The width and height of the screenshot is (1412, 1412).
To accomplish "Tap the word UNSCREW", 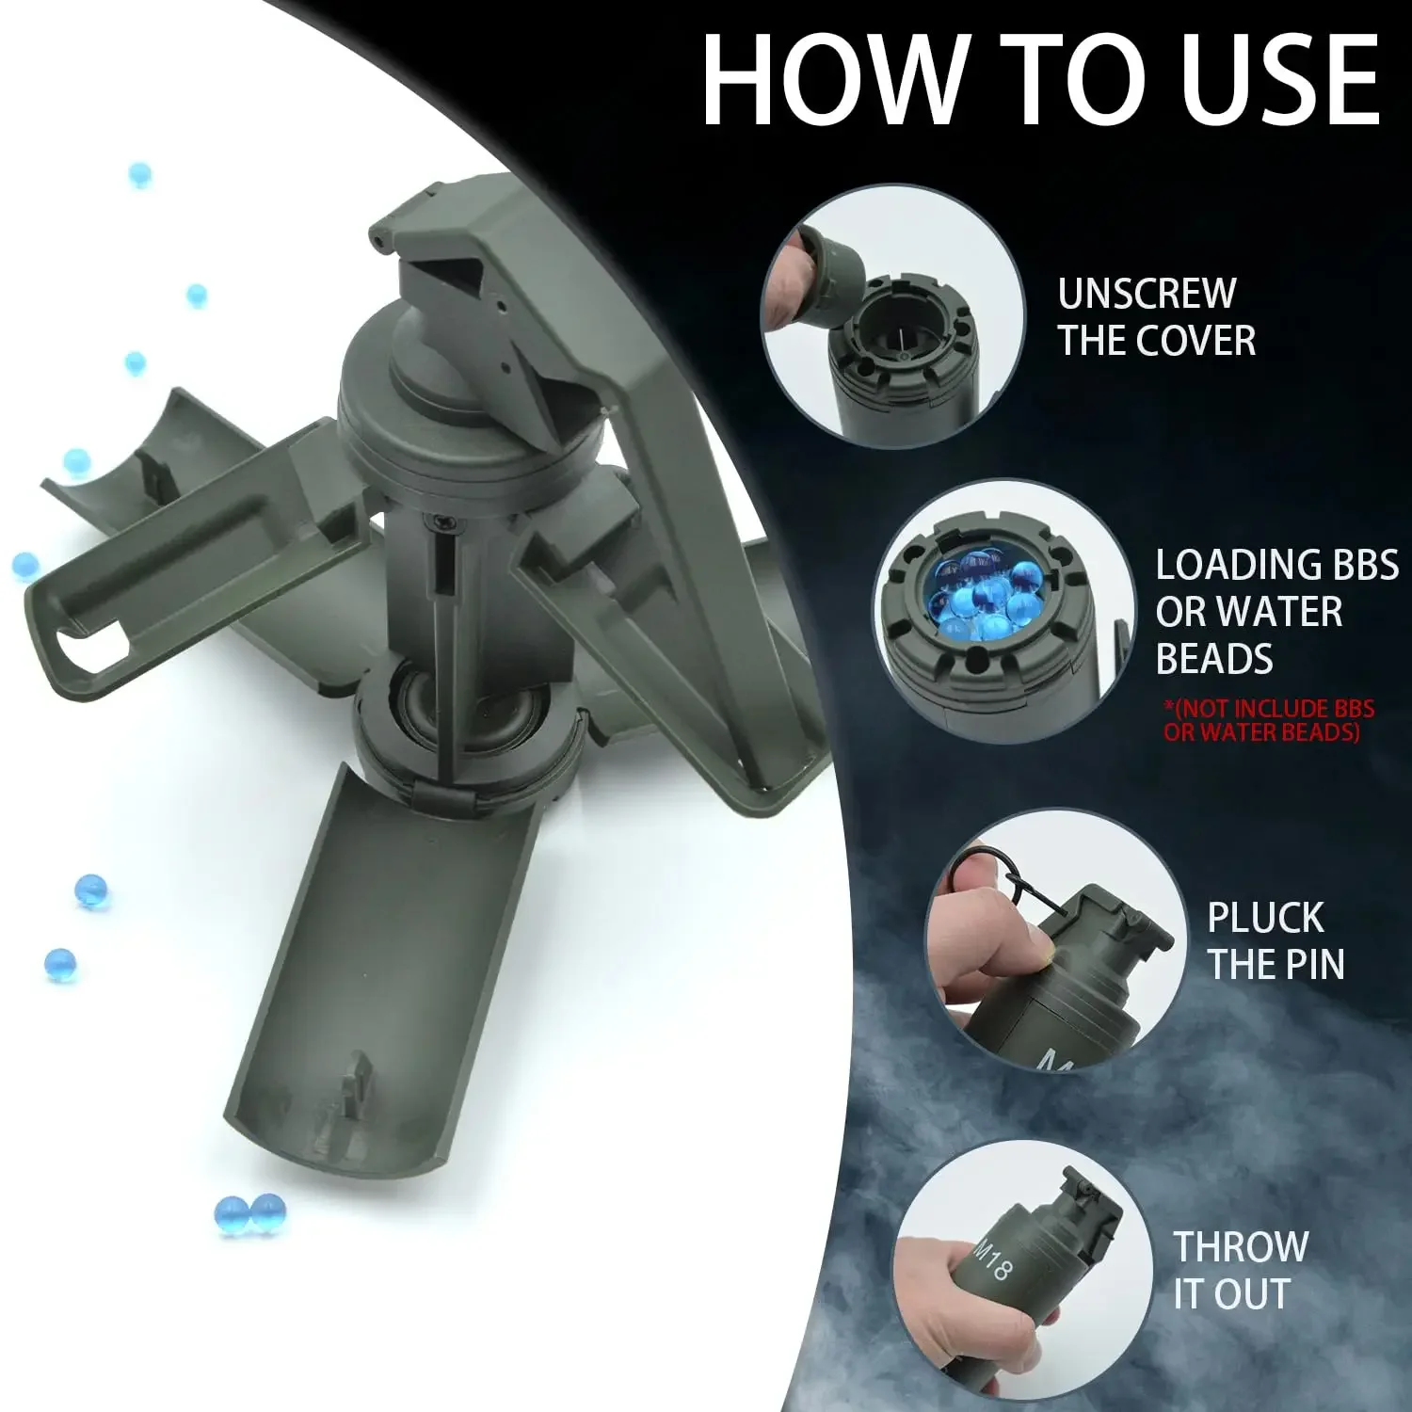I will pos(1147,294).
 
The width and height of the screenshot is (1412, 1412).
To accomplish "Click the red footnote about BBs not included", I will pos(1269,720).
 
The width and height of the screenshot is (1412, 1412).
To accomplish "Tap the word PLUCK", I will pos(1265,918).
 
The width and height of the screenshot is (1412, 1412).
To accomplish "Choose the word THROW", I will pos(1241,1247).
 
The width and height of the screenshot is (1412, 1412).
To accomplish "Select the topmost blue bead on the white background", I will pos(139,175).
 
